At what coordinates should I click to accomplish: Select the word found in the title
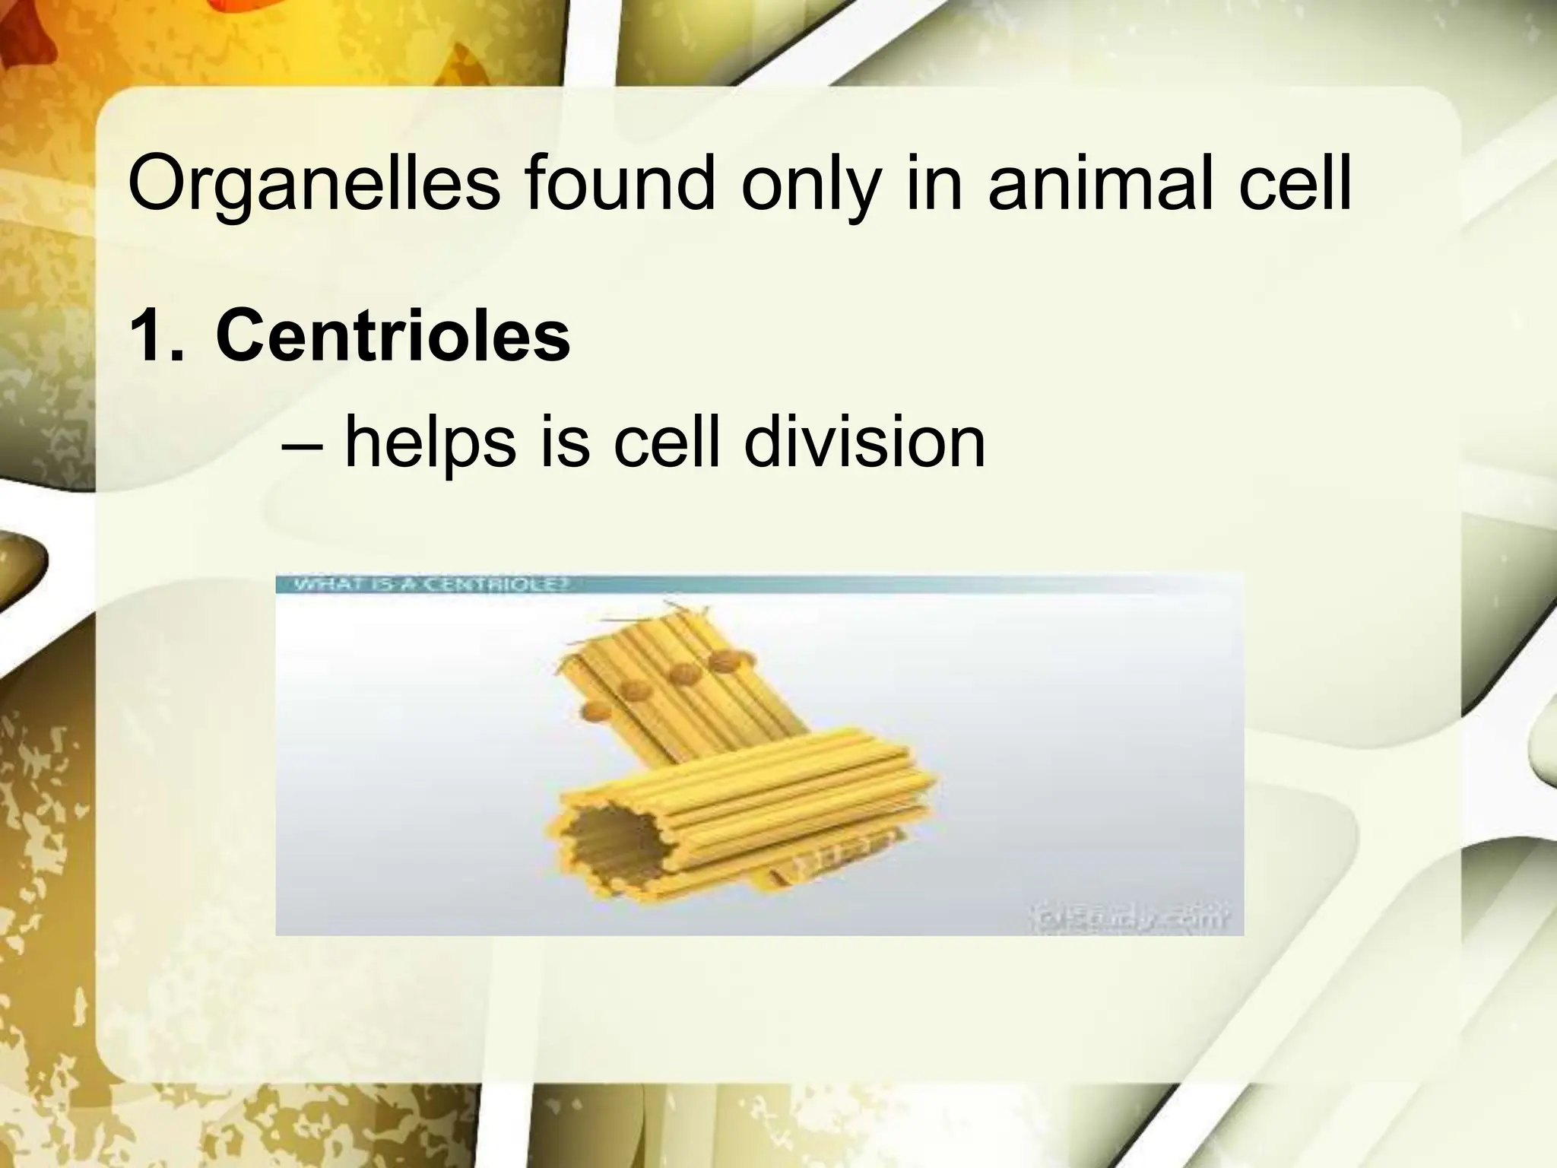point(620,184)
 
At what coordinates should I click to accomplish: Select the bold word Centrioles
point(392,335)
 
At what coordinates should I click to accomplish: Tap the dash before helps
point(303,445)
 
